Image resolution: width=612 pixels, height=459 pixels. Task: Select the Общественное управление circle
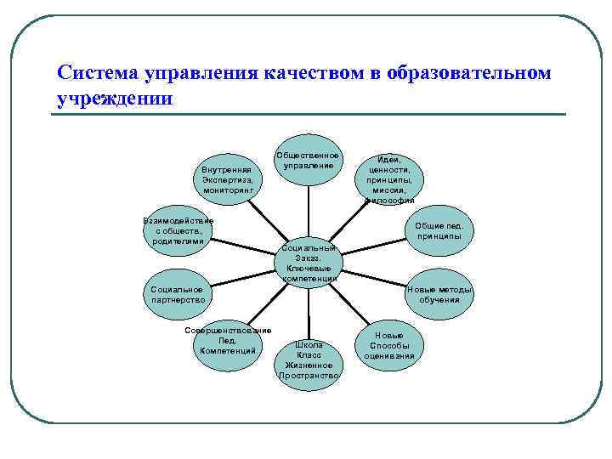click(307, 161)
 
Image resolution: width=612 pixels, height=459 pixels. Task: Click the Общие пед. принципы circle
click(439, 230)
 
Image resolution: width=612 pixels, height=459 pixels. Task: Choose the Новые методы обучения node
click(439, 294)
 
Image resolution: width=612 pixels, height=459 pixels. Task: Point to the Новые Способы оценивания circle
click(388, 345)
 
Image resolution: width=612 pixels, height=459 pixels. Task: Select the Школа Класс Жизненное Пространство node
click(308, 360)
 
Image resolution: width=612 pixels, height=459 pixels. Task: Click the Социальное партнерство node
click(177, 294)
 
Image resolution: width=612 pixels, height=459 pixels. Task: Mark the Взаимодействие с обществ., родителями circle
click(177, 230)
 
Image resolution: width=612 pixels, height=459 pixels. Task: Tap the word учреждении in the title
click(115, 98)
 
